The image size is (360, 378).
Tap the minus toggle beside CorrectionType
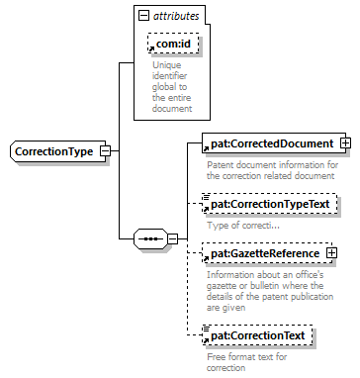[x=106, y=151]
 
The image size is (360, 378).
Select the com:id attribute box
[x=174, y=44]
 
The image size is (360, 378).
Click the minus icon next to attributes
[x=144, y=16]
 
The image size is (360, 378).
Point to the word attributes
[x=176, y=16]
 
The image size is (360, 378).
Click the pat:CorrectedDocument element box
[x=274, y=143]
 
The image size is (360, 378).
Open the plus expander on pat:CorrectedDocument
[x=346, y=143]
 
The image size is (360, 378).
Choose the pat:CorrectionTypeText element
[x=270, y=204]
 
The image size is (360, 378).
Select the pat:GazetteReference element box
[x=267, y=253]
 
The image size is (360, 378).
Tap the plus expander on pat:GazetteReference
[x=331, y=253]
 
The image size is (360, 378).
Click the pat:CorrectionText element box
[x=257, y=335]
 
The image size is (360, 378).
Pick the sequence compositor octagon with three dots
[x=150, y=238]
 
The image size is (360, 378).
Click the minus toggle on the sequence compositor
[x=172, y=238]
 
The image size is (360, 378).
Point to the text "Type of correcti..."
[x=243, y=226]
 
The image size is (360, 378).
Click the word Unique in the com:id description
[x=166, y=65]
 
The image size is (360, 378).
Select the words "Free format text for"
[x=247, y=357]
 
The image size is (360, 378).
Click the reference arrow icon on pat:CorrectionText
[x=206, y=340]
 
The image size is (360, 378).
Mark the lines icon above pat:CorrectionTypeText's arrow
[x=207, y=197]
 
